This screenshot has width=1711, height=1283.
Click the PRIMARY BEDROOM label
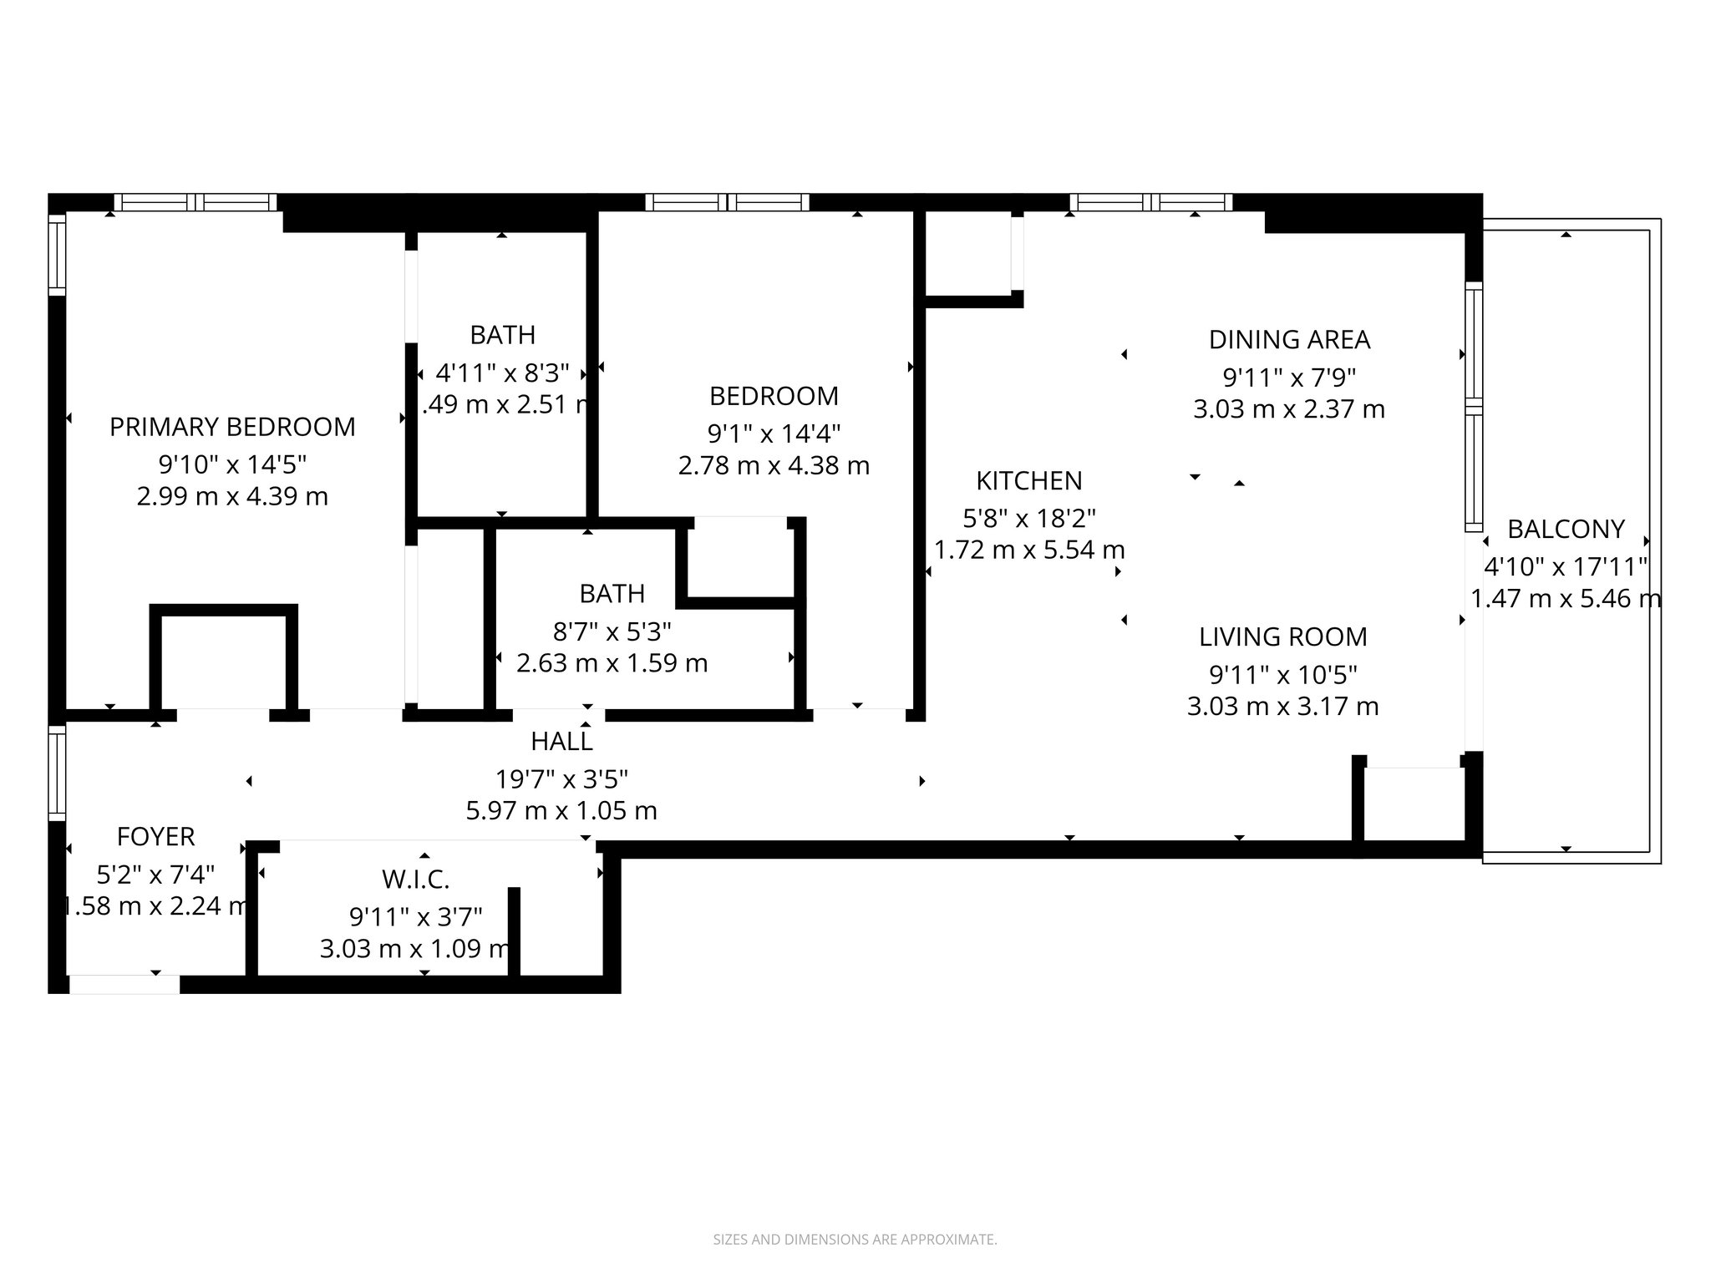click(232, 427)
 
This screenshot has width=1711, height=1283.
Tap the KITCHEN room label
click(1028, 480)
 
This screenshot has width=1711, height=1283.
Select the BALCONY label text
click(1565, 529)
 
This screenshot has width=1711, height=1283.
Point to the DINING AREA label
click(1289, 340)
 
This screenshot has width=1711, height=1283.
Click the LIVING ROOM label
click(1282, 636)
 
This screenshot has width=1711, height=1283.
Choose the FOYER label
click(156, 836)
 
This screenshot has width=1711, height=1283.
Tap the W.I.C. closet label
click(415, 879)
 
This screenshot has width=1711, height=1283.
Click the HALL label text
click(561, 741)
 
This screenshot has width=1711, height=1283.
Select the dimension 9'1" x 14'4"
click(774, 434)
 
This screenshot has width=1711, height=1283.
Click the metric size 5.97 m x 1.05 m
click(561, 810)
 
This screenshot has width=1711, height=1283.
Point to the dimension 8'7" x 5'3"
click(612, 631)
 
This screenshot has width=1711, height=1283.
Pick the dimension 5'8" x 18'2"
click(1028, 519)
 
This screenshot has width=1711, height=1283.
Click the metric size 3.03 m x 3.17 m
click(1282, 707)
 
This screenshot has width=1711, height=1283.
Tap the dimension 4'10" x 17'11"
click(1565, 567)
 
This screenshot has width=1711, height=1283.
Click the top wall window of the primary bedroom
click(195, 202)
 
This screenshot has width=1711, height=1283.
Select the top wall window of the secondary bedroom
click(727, 202)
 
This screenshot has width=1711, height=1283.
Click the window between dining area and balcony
click(1474, 407)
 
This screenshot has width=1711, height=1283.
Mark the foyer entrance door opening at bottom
click(124, 984)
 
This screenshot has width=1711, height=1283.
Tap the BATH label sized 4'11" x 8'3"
click(502, 335)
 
